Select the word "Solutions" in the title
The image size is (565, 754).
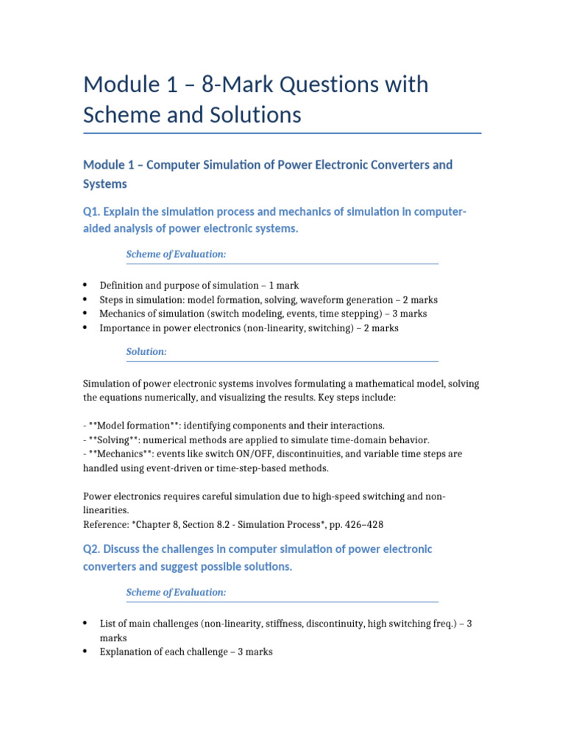coord(255,116)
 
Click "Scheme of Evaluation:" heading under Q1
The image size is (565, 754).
coord(176,254)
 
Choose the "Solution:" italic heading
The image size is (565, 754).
coord(146,352)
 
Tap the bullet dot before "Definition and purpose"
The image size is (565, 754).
coord(85,285)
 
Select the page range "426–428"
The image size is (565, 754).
coord(362,525)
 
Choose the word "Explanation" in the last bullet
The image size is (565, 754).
coord(125,652)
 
